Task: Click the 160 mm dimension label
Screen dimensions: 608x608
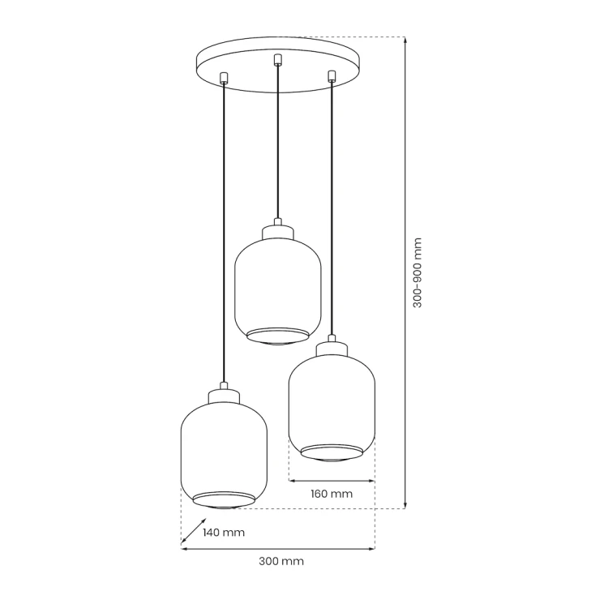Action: pos(332,494)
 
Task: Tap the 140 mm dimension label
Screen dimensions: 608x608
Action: pos(224,533)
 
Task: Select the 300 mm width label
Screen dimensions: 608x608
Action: pos(281,561)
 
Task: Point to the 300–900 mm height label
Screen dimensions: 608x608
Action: pos(417,272)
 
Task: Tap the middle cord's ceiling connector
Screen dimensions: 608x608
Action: pos(277,59)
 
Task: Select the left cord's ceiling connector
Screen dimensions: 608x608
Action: pos(224,78)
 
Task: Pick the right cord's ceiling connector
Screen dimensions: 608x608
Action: pos(331,75)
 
